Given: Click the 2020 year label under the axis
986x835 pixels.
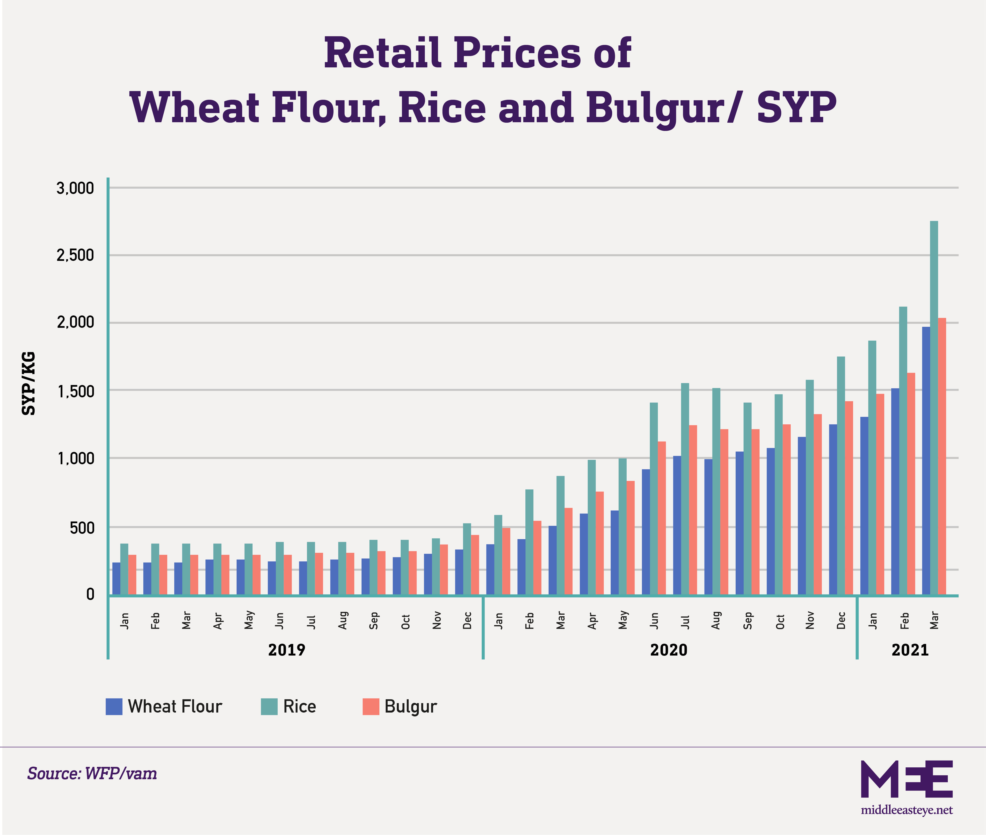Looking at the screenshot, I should pos(668,650).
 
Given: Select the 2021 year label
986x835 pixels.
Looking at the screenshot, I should pos(910,650).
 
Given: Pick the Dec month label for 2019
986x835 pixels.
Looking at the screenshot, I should pos(467,620).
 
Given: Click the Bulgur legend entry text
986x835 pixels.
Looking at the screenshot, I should pos(410,706).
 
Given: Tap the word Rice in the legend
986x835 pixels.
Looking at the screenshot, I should pos(299,706).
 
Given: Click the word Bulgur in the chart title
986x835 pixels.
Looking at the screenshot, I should pos(661,108).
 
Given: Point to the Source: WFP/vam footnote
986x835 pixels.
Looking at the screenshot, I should pos(92,773).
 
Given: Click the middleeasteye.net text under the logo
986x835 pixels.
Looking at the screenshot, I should pos(906,810).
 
